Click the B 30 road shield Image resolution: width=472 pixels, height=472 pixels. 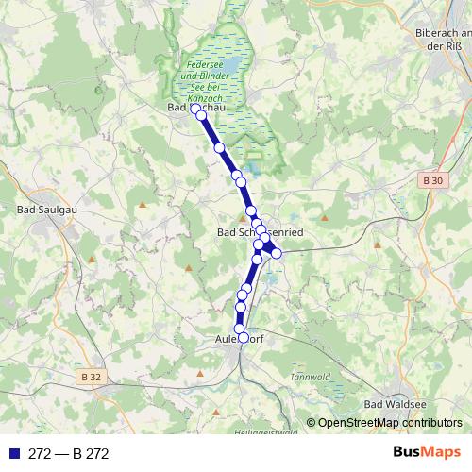(x=433, y=180)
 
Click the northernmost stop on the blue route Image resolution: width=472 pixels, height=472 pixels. (x=195, y=109)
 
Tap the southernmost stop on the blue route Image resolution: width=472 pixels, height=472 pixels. (x=243, y=338)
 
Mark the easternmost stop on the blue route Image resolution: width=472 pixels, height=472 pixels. (x=277, y=253)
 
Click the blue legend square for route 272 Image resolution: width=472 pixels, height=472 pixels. (x=12, y=453)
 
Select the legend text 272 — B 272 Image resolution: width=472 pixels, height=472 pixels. (x=68, y=453)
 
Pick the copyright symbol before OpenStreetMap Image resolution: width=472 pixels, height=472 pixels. (x=311, y=423)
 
